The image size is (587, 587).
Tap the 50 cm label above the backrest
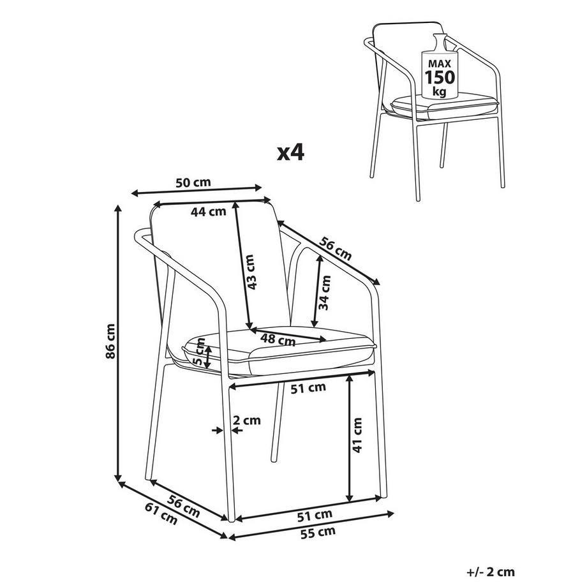point(193,182)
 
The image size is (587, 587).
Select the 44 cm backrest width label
point(209,212)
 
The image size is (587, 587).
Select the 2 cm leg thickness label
point(247,420)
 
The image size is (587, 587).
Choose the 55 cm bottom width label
point(318,531)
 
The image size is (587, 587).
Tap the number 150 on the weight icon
point(440,77)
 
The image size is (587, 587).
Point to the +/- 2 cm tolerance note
point(490,572)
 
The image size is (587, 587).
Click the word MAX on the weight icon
point(440,63)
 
